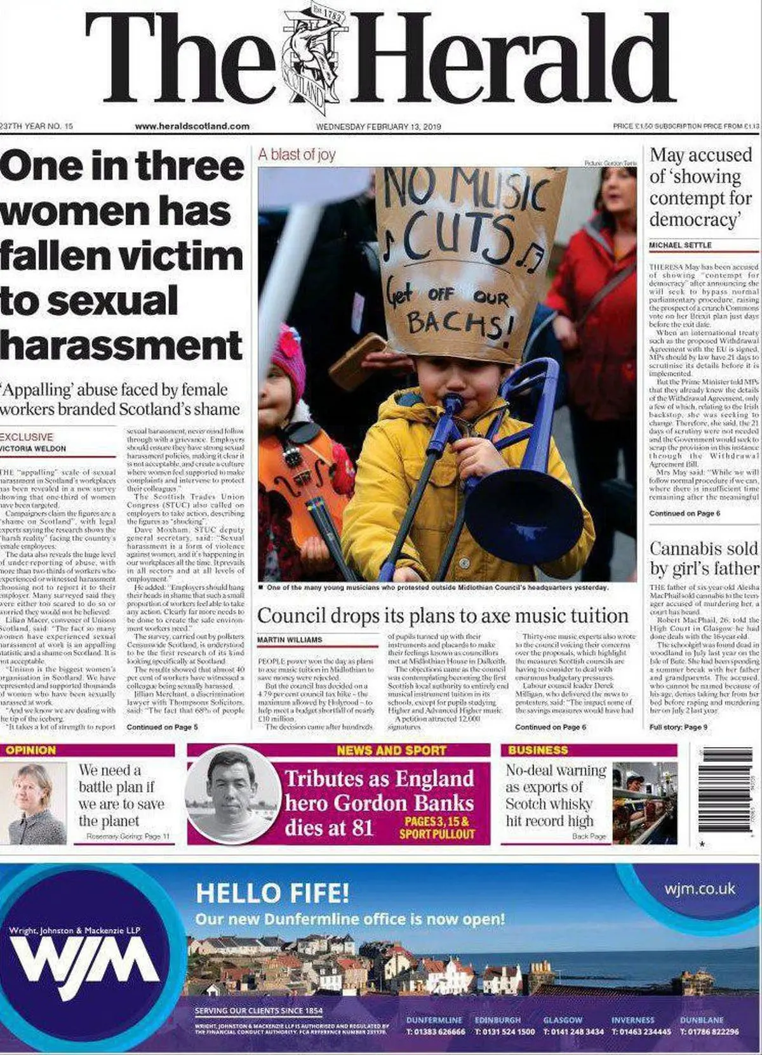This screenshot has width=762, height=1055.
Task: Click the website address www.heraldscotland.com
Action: click(192, 126)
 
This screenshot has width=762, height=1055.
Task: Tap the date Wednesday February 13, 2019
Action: click(378, 126)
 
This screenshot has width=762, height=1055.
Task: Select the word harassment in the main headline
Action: click(121, 345)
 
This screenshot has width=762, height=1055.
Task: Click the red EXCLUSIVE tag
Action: click(27, 437)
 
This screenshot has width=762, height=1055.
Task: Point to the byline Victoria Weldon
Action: click(33, 448)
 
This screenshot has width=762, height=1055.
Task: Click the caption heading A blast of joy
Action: click(297, 154)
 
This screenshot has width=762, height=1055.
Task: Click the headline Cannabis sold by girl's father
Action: click(704, 558)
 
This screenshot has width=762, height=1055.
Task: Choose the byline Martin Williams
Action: click(290, 640)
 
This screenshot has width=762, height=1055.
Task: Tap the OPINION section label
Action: click(30, 750)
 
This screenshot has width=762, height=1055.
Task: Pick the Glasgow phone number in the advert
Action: click(573, 1032)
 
